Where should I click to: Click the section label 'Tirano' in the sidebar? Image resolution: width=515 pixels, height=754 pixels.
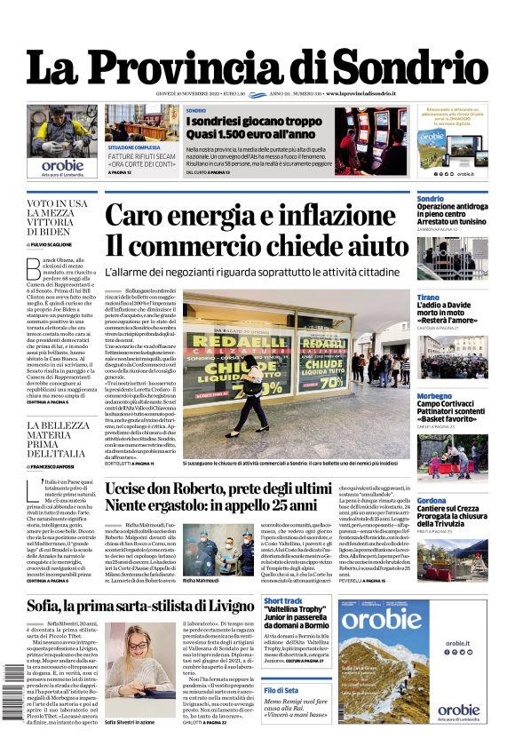[x=428, y=298]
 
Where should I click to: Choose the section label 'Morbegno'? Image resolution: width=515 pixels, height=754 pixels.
[x=434, y=396]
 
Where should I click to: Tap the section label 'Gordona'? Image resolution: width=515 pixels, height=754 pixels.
[x=432, y=501]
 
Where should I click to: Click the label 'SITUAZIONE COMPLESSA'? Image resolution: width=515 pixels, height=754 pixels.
[x=135, y=147]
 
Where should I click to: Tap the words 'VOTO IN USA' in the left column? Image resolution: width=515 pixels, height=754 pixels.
[x=58, y=203]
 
